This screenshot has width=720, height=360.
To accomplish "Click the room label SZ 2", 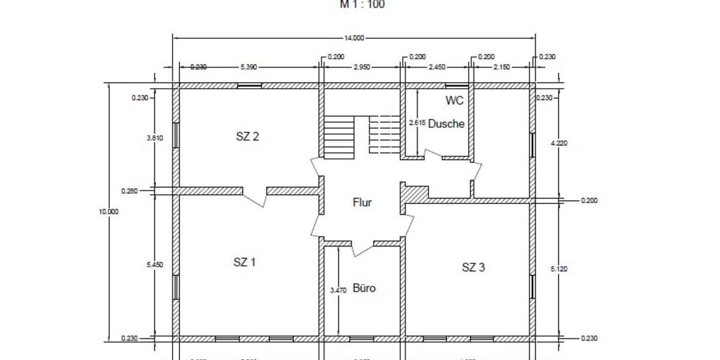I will pos(247,136).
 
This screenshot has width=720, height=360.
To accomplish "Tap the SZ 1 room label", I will pos(245,262).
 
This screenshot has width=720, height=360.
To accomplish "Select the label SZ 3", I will pos(473,268).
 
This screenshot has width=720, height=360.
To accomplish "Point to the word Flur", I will pos(362,202).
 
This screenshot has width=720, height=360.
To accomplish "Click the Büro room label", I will pos(364,288).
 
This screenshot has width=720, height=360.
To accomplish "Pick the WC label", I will pos(455,100).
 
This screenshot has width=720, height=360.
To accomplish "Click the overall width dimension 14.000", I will pos(354,38).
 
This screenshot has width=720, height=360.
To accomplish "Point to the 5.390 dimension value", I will pos(248,67).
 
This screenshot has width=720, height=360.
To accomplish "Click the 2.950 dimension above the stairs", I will pos(361,67).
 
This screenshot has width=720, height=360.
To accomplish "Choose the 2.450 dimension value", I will pos(437,67).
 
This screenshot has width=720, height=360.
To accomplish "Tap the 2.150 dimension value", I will pos(501,67).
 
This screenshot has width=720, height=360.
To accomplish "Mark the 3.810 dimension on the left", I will pos(154,137).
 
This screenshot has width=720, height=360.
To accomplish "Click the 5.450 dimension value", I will pos(154,265).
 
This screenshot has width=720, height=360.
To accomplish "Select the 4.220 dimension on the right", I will pos(559,143).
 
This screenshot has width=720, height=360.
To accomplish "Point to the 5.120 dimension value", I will pos(559,269).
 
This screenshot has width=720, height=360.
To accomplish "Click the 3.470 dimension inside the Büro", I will pos(338,290).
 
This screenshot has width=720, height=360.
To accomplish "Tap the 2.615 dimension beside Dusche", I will pos(417,123).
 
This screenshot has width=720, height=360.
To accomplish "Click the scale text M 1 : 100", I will pos(362,5).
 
